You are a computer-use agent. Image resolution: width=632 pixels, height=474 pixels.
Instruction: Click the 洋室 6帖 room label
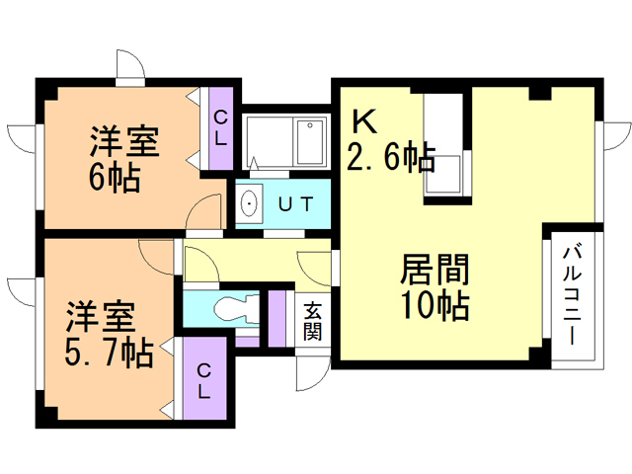pos(117,158)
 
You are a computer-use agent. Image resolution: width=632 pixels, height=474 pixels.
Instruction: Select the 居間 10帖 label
pos(434,286)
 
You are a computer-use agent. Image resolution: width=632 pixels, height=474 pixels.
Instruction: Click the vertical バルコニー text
pos(572,296)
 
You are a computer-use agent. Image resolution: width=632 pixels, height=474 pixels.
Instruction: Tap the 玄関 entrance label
pos(312,320)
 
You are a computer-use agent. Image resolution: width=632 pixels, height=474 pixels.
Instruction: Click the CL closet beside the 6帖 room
pos(220,129)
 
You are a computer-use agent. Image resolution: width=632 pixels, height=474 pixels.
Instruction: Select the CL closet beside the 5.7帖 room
pos(203,380)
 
